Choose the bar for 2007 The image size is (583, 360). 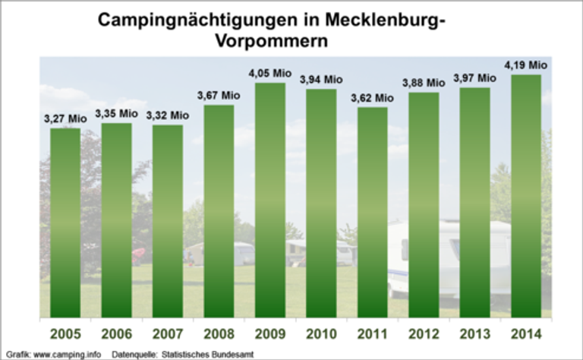click(168, 220)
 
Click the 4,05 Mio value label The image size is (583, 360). click(270, 74)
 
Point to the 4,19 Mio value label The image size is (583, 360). click(525, 65)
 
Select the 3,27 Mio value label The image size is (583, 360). click(65, 118)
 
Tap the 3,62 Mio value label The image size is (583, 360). click(373, 98)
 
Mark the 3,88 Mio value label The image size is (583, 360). click(424, 84)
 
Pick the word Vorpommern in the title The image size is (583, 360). click(269, 41)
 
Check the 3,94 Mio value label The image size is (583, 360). click(321, 79)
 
